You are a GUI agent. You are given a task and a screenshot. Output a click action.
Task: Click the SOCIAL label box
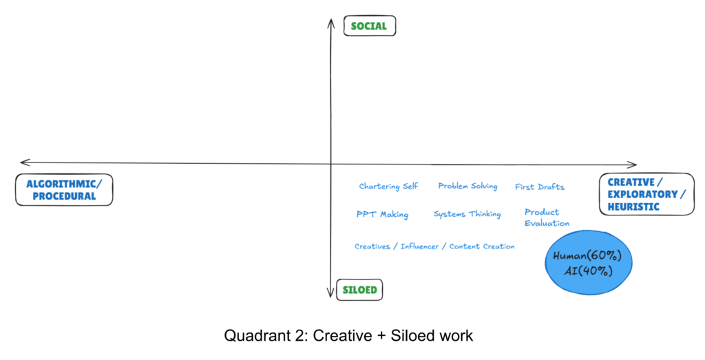[x=370, y=25]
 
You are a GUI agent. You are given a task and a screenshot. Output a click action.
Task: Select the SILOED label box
[x=359, y=290]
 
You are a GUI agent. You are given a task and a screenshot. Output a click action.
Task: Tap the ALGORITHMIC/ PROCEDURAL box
[x=64, y=190]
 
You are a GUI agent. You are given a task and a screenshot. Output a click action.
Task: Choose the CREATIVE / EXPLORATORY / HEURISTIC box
[x=646, y=194]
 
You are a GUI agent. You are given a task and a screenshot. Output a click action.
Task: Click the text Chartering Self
[x=388, y=186]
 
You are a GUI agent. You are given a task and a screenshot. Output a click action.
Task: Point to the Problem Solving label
[x=467, y=186]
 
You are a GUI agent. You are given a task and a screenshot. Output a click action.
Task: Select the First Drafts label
[x=540, y=187]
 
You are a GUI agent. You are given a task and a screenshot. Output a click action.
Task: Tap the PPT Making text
[x=382, y=214]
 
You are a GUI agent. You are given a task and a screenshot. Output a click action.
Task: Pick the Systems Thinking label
[x=467, y=214]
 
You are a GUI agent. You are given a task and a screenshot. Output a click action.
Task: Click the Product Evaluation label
[x=547, y=218]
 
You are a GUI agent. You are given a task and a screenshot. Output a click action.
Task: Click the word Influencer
[x=419, y=246]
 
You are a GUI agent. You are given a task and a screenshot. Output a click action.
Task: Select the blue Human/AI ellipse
[x=589, y=262]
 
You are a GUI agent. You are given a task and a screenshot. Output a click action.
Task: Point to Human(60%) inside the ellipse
[x=587, y=256]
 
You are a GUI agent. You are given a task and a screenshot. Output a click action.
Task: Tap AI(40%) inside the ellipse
[x=588, y=271]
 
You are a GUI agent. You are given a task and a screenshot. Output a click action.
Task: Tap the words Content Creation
[x=482, y=246]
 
